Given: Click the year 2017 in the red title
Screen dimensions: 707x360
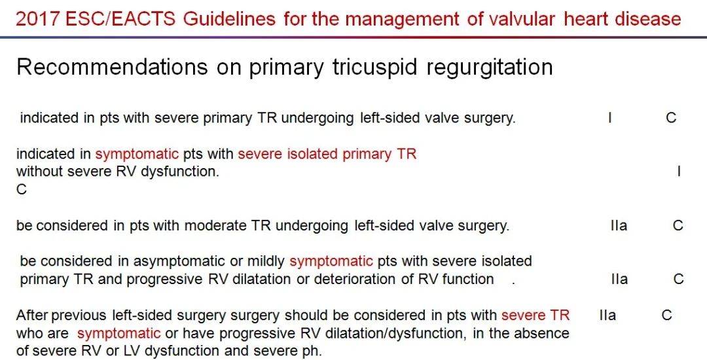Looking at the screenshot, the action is coord(37,18).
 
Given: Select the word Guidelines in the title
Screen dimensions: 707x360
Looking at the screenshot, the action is coord(230,18).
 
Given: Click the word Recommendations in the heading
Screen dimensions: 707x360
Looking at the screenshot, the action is coord(113,67).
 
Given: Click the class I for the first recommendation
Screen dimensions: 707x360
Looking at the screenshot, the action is coord(609,118).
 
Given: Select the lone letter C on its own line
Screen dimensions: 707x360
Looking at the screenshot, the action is coord(22,190).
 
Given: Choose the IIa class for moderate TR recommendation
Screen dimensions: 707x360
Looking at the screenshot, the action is coord(619,225).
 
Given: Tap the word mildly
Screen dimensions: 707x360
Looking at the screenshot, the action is coord(266,262).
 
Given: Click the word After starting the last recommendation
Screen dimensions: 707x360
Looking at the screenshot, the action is coord(33,315).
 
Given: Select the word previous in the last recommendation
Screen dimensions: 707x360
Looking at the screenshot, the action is coord(79,316).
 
